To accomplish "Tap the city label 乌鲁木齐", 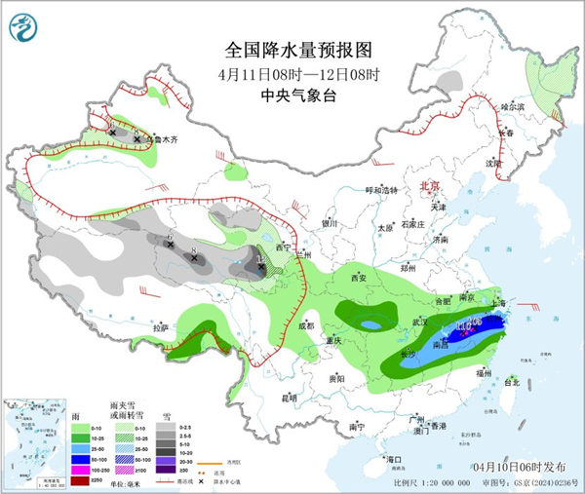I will click(162, 140).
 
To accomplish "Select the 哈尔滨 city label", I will click(512, 106).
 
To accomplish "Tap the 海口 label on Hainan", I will click(394, 458).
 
